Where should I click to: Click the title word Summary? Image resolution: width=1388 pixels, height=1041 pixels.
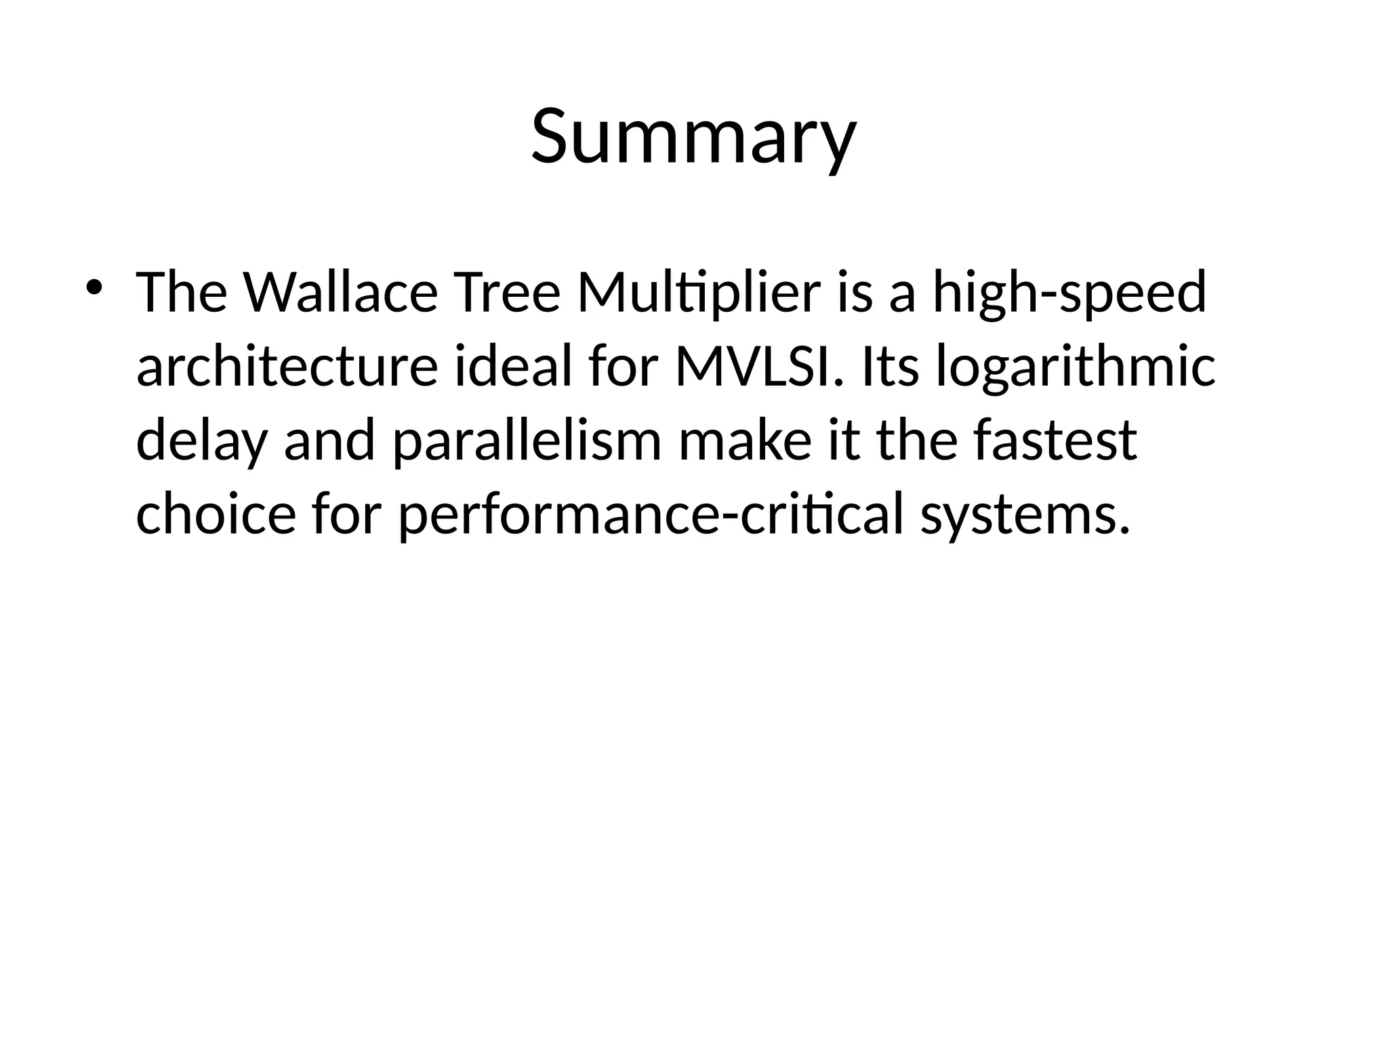(x=693, y=137)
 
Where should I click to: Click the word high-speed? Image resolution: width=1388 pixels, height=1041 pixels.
(x=1069, y=293)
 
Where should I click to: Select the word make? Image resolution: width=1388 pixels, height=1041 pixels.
(x=743, y=441)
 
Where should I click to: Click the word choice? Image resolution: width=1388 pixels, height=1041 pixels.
(x=216, y=514)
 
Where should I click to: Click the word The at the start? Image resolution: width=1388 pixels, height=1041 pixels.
(x=181, y=293)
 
